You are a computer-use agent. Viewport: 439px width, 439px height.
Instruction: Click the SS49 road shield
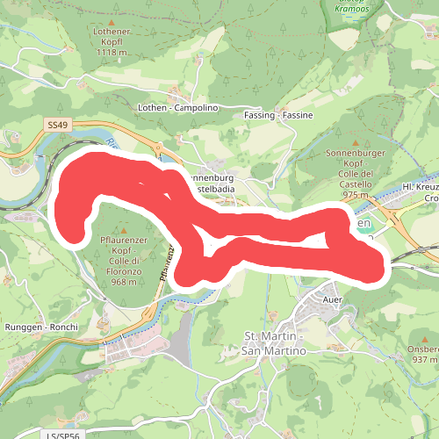[x=57, y=126]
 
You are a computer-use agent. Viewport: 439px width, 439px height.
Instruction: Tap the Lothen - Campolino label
[x=177, y=107]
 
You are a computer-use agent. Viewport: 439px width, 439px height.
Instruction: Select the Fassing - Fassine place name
[x=278, y=116]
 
